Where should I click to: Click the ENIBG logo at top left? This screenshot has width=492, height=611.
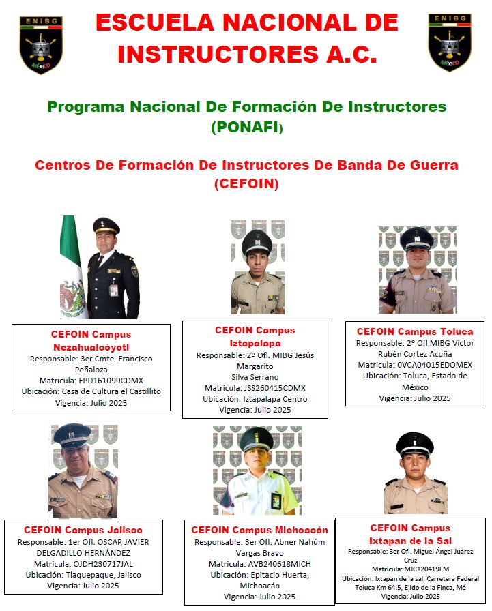tap(42, 42)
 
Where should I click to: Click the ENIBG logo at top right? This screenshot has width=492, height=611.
tap(450, 42)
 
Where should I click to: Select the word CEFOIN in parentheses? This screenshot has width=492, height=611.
tap(246, 183)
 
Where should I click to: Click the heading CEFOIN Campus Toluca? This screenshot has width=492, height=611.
tap(414, 331)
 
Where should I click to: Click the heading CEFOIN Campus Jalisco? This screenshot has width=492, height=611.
tap(83, 530)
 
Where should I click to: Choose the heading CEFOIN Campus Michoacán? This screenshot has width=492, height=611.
tap(259, 530)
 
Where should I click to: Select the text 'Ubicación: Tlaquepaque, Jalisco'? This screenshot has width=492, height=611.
tap(83, 575)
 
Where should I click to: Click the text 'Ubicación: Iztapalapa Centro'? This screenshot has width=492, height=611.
tap(255, 399)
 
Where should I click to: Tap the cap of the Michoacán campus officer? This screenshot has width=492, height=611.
tap(256, 440)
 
